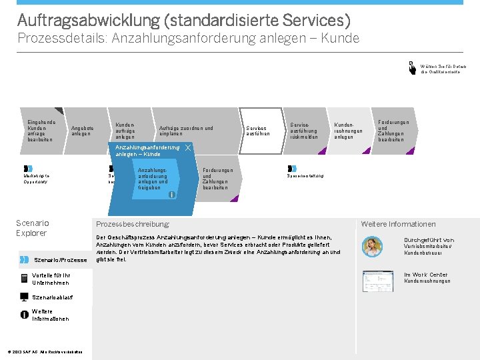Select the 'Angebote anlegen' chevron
pos(83,131)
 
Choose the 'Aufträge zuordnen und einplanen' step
pos(186,131)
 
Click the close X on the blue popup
pos(189,147)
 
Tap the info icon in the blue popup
pos(172,195)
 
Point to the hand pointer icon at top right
pos(412,68)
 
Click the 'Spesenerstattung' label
pos(305,176)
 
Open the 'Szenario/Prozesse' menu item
pos(60,259)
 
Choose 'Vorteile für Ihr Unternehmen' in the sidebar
pos(51,279)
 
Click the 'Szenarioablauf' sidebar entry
pos(52,297)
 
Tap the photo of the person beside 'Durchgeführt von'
pos(372,247)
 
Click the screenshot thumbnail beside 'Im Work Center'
pos(377,281)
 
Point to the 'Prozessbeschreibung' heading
pos(133,224)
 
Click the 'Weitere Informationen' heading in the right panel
pos(398,224)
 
